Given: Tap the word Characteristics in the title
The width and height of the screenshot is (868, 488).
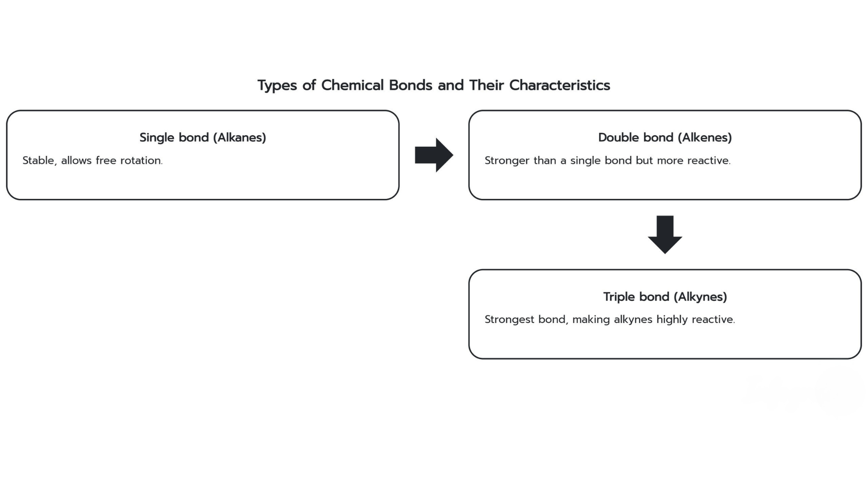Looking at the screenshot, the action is (560, 85).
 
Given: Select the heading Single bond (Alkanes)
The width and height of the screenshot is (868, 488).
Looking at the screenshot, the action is (203, 137).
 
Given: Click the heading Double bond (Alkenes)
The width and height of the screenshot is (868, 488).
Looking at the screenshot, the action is (665, 137).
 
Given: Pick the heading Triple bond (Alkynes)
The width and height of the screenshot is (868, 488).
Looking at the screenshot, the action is (665, 297).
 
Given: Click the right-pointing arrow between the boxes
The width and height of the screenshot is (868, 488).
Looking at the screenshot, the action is (434, 155).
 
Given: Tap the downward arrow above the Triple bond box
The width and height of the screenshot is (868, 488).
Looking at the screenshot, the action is (665, 235).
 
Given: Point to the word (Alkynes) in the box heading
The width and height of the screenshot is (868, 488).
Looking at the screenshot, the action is (700, 297).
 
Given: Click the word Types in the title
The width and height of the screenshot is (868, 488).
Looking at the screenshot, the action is (277, 85).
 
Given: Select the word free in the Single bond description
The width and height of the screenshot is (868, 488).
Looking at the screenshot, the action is (106, 160).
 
